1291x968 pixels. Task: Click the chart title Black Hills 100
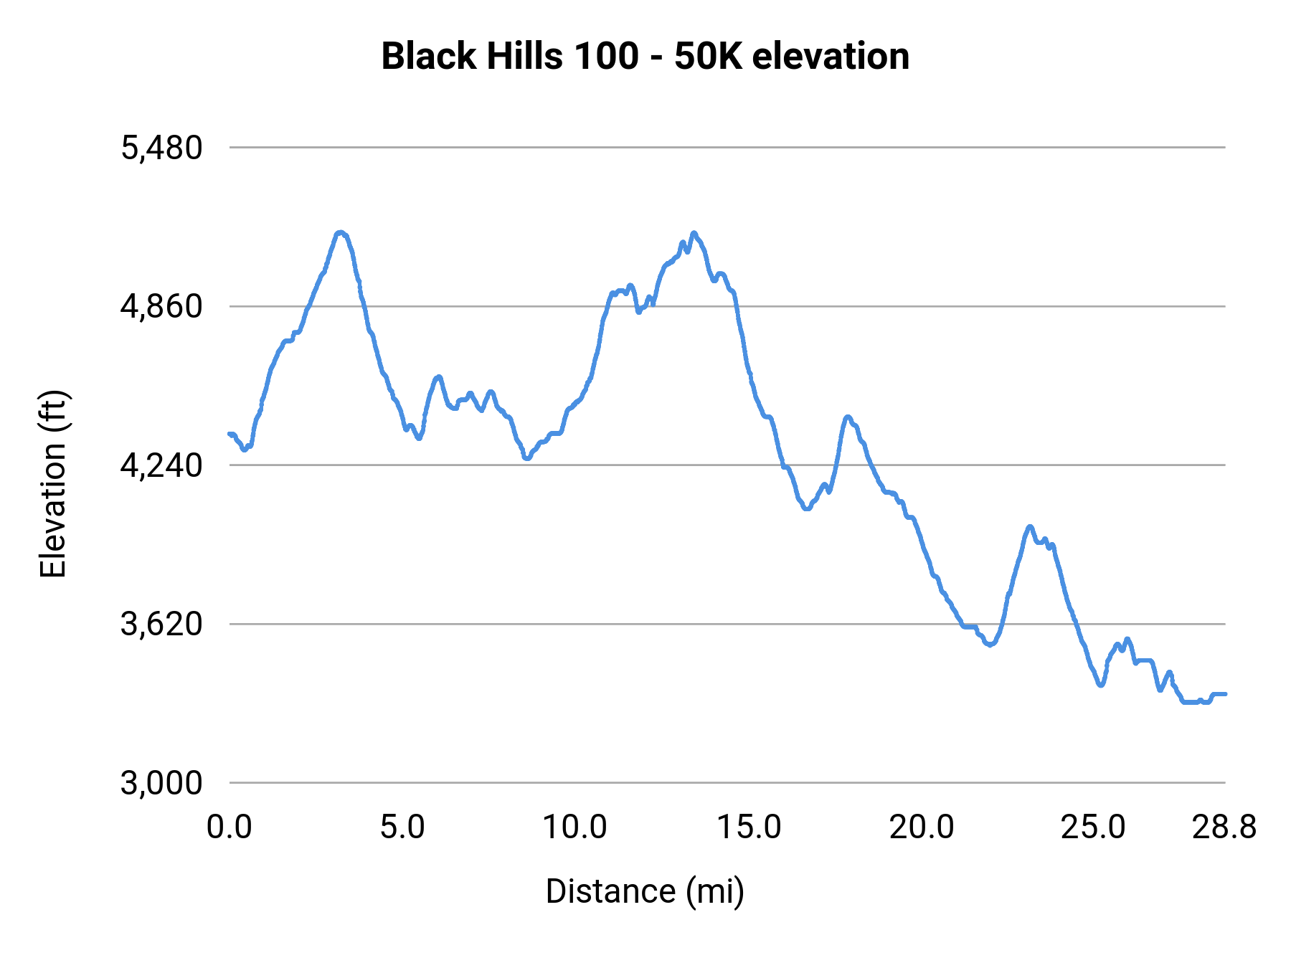(x=645, y=56)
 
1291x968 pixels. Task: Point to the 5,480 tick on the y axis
(x=161, y=148)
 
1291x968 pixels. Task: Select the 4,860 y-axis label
(x=161, y=307)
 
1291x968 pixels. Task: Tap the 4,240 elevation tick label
(x=161, y=466)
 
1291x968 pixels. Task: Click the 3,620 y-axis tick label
(x=161, y=625)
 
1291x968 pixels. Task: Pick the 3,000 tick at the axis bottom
(x=161, y=783)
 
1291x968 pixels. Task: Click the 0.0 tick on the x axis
(x=229, y=827)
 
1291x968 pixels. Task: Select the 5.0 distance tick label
(x=402, y=827)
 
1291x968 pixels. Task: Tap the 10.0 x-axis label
(x=574, y=827)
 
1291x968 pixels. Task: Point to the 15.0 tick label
(x=749, y=827)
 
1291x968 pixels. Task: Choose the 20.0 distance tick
(x=922, y=827)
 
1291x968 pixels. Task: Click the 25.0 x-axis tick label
(x=1093, y=827)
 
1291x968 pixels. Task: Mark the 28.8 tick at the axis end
(x=1224, y=827)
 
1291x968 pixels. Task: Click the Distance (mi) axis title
(x=645, y=891)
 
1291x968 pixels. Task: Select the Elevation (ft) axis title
(x=53, y=484)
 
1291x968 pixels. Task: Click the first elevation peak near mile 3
(x=341, y=232)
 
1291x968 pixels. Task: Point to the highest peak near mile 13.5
(x=694, y=233)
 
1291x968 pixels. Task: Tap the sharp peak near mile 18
(x=848, y=417)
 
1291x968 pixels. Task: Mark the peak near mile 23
(x=1030, y=527)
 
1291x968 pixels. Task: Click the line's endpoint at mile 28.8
(x=1224, y=694)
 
